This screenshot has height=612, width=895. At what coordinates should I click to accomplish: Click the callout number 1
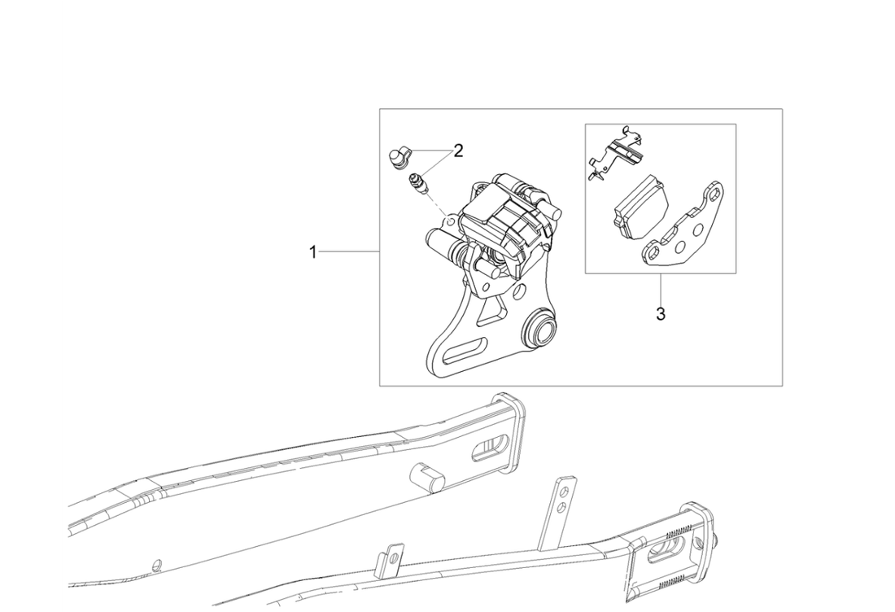(312, 251)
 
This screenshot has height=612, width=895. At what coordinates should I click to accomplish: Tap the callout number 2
(458, 151)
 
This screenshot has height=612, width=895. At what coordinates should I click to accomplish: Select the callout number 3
(661, 313)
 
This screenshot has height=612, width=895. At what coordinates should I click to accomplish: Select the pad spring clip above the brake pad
(615, 152)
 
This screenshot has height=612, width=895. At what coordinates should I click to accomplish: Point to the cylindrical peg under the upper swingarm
(427, 477)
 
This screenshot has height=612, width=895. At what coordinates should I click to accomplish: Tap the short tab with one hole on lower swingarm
(391, 560)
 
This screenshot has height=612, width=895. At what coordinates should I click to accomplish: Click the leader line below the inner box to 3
(661, 290)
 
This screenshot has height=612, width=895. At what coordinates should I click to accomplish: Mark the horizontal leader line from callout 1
(349, 251)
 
